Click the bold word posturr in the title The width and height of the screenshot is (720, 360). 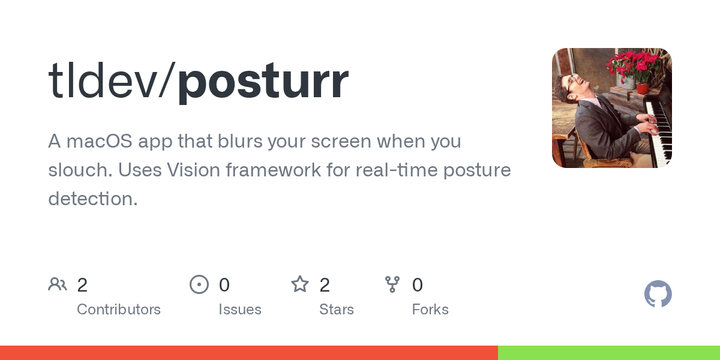coord(264,82)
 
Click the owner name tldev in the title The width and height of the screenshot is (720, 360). coord(104,82)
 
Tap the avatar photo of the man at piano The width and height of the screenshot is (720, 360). coord(611,107)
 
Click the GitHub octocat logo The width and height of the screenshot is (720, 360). coord(658,294)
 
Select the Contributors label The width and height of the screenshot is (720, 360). coord(118,309)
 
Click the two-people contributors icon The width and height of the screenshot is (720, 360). coord(57,285)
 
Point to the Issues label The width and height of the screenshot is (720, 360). coord(240,309)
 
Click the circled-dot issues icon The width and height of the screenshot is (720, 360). coord(199,285)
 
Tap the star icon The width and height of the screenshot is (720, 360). coord(299,285)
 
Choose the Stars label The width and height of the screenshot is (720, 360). coord(336,309)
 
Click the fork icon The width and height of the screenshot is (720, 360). coord(393,285)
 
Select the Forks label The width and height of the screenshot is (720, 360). coord(430,309)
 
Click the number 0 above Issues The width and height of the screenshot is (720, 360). coord(224,285)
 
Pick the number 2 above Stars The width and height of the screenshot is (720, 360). coord(324,285)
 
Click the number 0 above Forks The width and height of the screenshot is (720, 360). coord(417,285)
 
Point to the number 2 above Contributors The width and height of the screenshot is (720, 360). coord(82,285)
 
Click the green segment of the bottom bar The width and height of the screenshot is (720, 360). coord(608,353)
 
